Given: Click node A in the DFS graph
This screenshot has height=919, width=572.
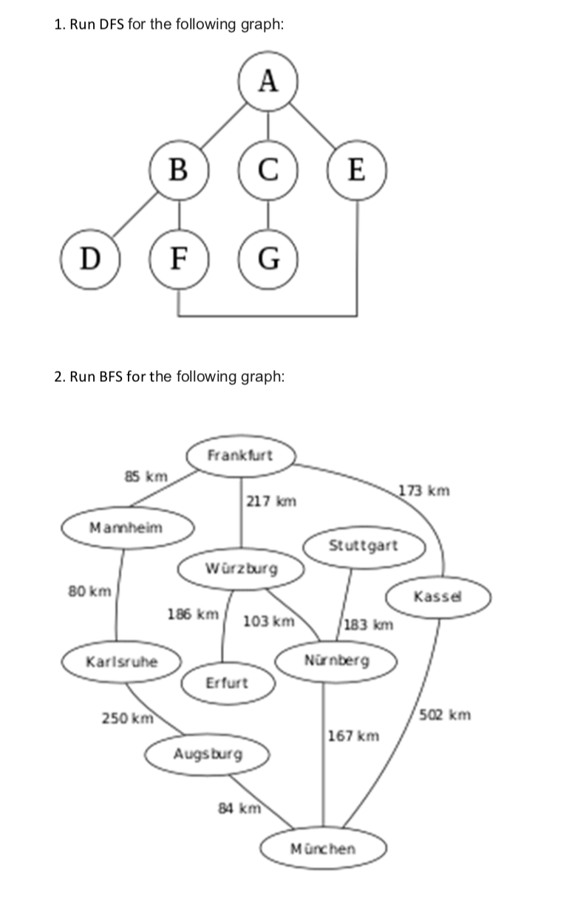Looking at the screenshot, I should click(269, 81).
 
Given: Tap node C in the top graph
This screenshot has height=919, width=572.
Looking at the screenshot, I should click(268, 171).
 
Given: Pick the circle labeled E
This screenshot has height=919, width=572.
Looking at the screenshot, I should click(358, 171).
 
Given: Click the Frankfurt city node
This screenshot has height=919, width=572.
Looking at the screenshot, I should click(240, 455).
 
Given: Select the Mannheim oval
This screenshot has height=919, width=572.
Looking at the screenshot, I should click(126, 527).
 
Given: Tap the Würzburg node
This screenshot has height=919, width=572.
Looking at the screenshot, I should click(241, 569).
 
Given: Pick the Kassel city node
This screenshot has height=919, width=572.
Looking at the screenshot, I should click(440, 596).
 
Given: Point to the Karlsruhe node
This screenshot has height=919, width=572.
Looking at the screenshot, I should click(122, 661).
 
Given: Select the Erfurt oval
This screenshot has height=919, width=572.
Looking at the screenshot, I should click(227, 683).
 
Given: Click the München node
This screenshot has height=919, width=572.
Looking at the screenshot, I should click(323, 849).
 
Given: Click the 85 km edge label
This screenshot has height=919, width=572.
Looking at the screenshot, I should click(146, 476).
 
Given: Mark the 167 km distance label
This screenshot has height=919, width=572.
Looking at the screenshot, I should click(353, 736).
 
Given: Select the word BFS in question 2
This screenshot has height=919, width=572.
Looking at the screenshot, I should click(111, 377).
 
